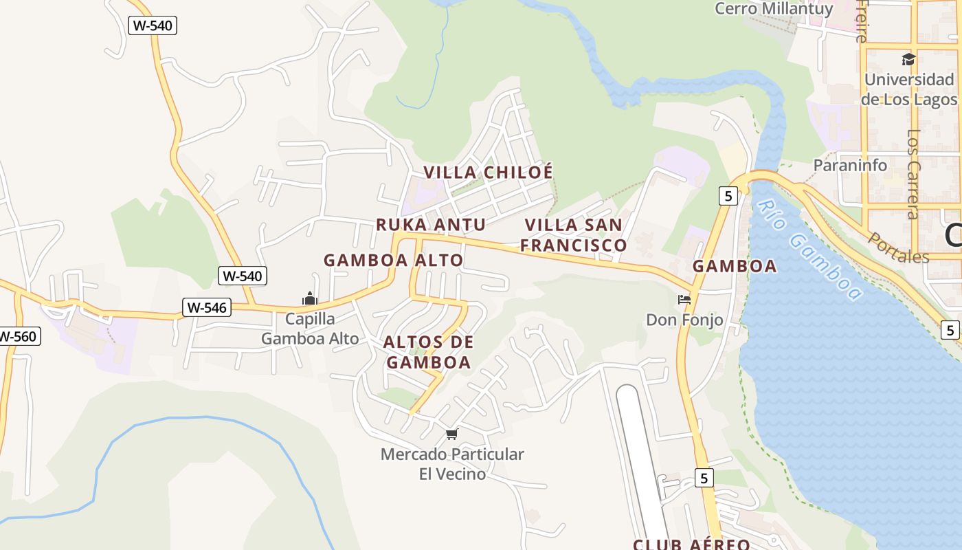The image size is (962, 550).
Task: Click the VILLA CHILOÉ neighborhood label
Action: click(488, 172)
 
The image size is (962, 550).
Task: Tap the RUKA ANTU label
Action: click(431, 225)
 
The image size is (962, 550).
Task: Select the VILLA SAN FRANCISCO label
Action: click(573, 234)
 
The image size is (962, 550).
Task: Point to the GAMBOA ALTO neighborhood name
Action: click(393, 261)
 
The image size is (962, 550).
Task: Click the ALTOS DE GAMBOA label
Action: click(429, 352)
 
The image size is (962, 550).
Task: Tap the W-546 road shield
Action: click(206, 307)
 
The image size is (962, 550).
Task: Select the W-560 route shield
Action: click(19, 336)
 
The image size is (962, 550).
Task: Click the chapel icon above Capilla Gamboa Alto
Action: click(310, 299)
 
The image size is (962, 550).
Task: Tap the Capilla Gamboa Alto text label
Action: click(310, 329)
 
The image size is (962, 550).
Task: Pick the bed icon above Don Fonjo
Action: click(684, 300)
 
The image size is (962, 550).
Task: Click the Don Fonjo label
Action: click(684, 320)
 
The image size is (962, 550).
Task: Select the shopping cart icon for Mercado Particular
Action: click(451, 434)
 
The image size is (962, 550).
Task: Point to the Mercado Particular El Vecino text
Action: click(452, 464)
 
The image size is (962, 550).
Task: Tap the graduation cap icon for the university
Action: click(908, 60)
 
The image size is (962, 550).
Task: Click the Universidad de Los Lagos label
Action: click(909, 89)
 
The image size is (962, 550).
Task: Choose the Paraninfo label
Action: click(850, 165)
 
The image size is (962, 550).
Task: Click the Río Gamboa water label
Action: click(809, 250)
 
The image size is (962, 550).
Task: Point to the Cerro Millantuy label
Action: click(774, 9)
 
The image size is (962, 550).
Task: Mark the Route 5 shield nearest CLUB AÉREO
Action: click(704, 477)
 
